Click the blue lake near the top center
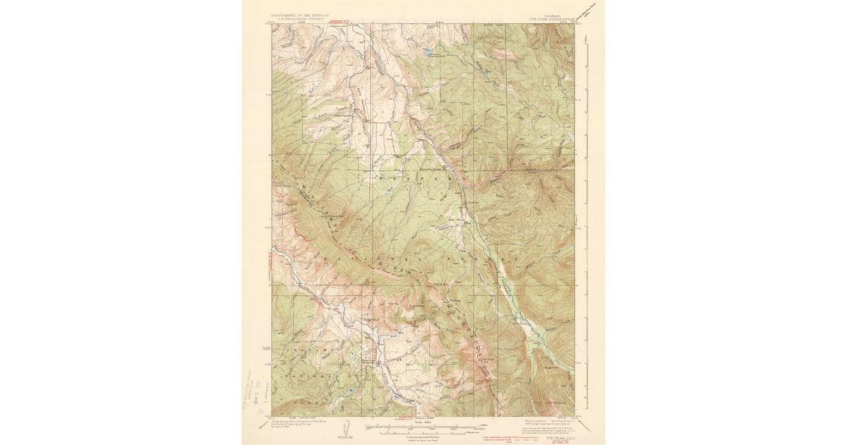[x=427, y=52]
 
